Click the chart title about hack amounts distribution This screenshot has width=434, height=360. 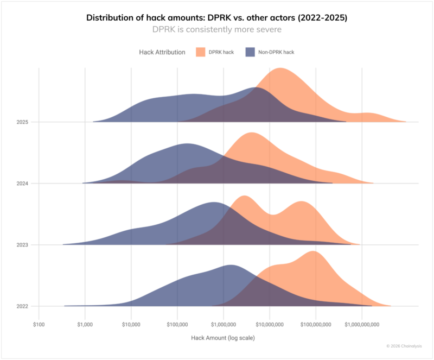(217, 17)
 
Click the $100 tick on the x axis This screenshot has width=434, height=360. (39, 324)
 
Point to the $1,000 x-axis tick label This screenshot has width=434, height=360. (85, 324)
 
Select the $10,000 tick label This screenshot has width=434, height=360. (131, 324)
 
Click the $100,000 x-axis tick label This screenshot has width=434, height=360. (177, 324)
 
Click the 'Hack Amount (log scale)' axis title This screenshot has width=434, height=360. (222, 338)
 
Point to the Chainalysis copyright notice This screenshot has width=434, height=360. (404, 346)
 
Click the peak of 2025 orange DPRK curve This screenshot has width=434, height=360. (280, 69)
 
